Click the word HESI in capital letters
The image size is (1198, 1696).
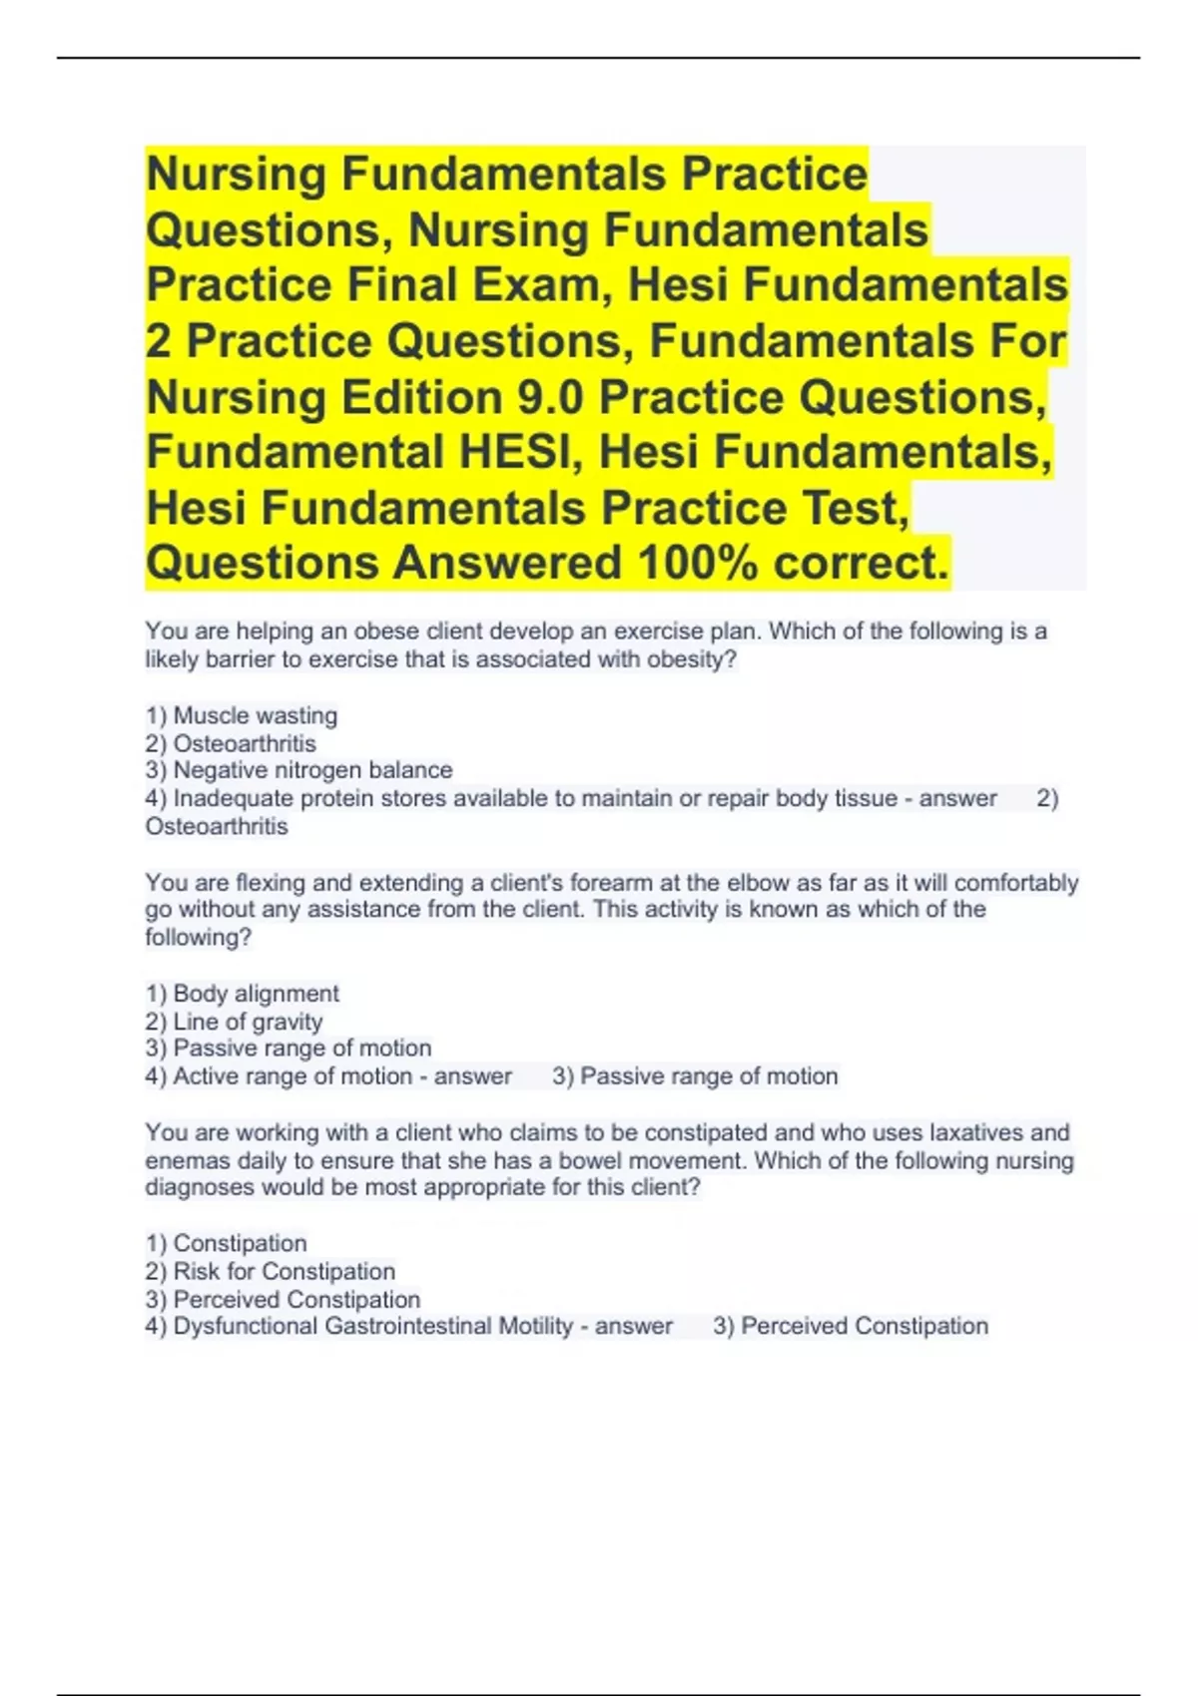pyautogui.click(x=517, y=452)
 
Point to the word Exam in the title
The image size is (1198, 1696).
pyautogui.click(x=537, y=285)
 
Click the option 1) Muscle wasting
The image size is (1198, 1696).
pyautogui.click(x=242, y=715)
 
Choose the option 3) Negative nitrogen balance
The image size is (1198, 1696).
pyautogui.click(x=299, y=770)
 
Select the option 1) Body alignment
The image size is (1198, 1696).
pyautogui.click(x=243, y=994)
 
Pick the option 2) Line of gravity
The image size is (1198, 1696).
pyautogui.click(x=234, y=1022)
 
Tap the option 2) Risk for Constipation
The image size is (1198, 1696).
pyautogui.click(x=271, y=1271)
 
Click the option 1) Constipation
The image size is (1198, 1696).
pyautogui.click(x=227, y=1243)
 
